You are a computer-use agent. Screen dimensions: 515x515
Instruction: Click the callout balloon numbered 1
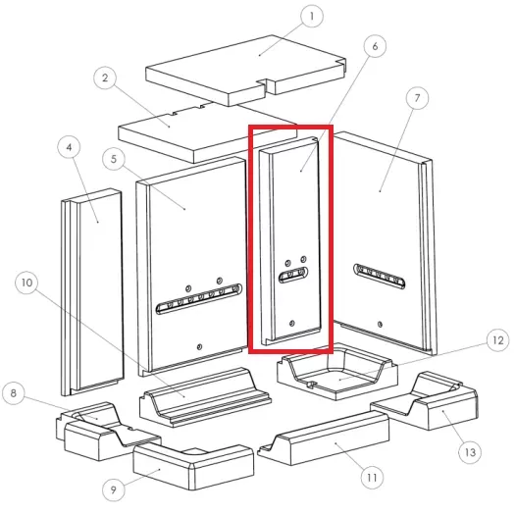312,16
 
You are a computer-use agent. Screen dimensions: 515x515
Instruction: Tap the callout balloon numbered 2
105,77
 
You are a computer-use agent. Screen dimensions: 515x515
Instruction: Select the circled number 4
69,147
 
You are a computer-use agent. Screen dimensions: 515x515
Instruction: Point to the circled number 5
114,159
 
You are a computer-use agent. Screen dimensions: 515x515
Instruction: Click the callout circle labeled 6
375,46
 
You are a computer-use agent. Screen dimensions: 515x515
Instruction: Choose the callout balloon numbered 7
417,98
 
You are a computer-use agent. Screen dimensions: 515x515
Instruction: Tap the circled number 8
14,393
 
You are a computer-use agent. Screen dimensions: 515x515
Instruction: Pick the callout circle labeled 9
114,489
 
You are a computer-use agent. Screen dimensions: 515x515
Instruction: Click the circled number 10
26,283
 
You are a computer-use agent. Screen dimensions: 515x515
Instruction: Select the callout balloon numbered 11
372,477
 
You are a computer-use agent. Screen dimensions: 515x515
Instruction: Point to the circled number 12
498,340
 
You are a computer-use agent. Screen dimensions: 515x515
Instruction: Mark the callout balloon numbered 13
470,452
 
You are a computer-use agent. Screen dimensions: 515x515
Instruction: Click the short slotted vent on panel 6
293,275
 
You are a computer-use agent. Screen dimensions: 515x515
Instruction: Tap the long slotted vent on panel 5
199,298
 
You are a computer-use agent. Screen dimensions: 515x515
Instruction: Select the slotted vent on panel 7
379,276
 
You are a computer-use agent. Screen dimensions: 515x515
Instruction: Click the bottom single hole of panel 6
292,324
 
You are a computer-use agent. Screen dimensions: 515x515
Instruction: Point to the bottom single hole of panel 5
199,347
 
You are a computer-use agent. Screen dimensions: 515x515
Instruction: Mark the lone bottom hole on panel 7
380,325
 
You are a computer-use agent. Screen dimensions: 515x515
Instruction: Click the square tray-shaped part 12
337,371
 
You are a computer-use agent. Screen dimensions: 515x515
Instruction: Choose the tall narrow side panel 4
92,291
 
